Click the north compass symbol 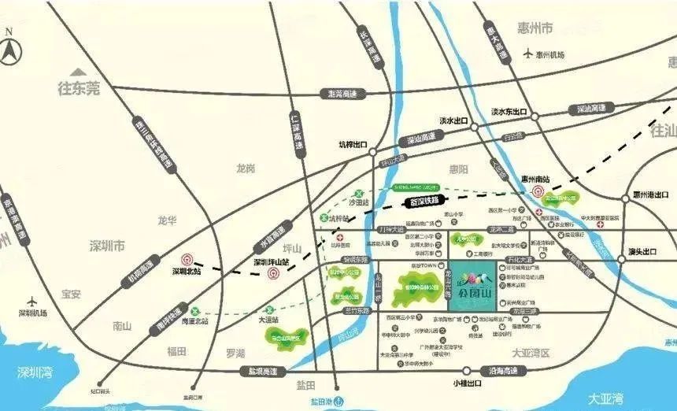[12, 50]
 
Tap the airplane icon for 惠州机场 [527, 54]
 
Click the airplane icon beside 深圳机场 [32, 301]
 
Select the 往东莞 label [80, 89]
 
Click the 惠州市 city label [535, 29]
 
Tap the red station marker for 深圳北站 [187, 259]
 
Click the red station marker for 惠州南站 [538, 192]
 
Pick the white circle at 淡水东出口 [535, 116]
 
